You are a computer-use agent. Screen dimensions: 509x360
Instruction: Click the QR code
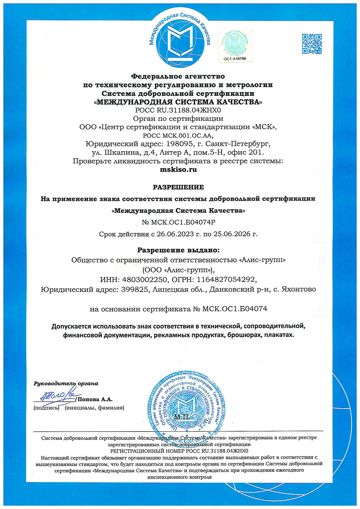point(312,44)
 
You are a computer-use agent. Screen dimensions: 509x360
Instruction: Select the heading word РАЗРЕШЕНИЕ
point(178,187)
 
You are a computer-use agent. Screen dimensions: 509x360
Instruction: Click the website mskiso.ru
point(178,169)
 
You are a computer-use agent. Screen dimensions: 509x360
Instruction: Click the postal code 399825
point(135,289)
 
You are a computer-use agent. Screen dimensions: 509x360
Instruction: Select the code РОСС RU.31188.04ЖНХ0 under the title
point(178,110)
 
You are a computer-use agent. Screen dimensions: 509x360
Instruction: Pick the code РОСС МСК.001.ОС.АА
point(178,136)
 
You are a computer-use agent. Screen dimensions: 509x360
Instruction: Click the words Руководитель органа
point(66,383)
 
